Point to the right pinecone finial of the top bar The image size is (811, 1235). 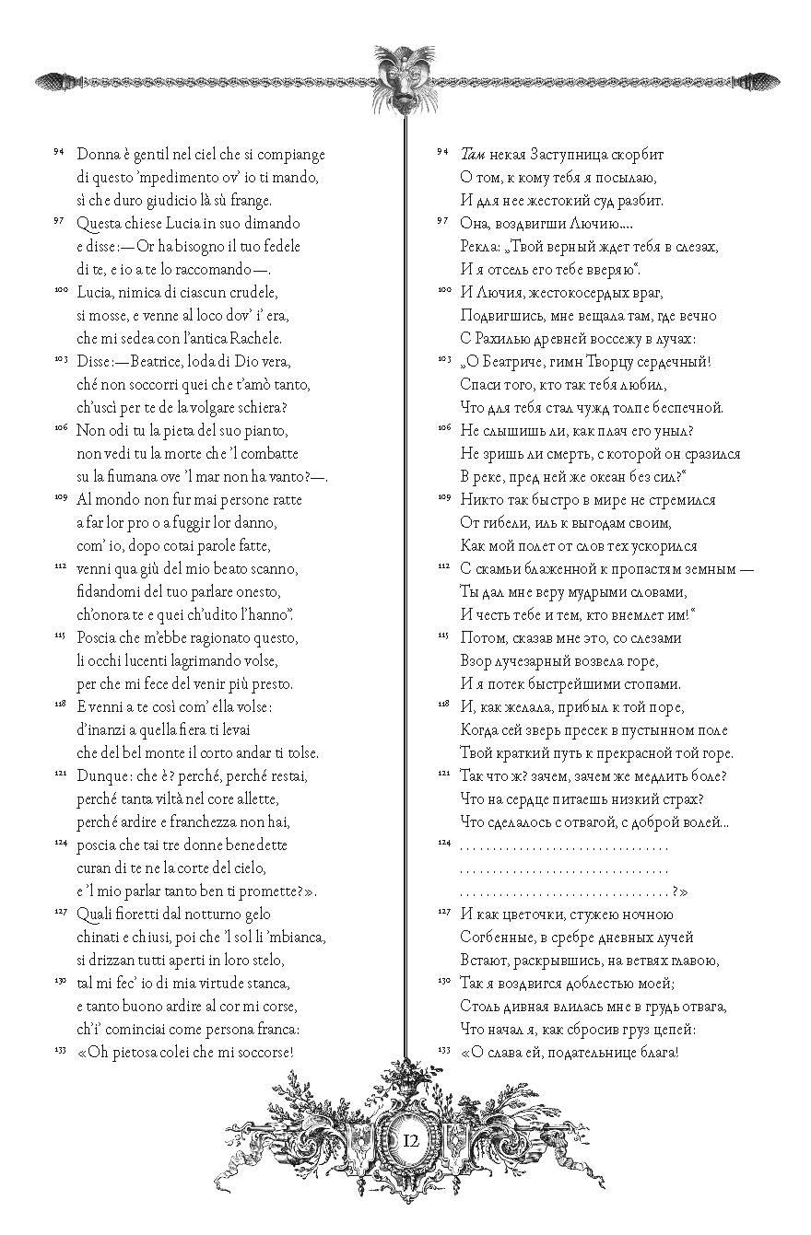[x=758, y=81]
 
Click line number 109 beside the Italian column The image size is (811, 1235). [x=58, y=497]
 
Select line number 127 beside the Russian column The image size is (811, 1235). [x=442, y=912]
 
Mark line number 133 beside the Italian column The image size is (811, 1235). [x=58, y=1050]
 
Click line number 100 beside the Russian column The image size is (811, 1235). [x=442, y=290]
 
